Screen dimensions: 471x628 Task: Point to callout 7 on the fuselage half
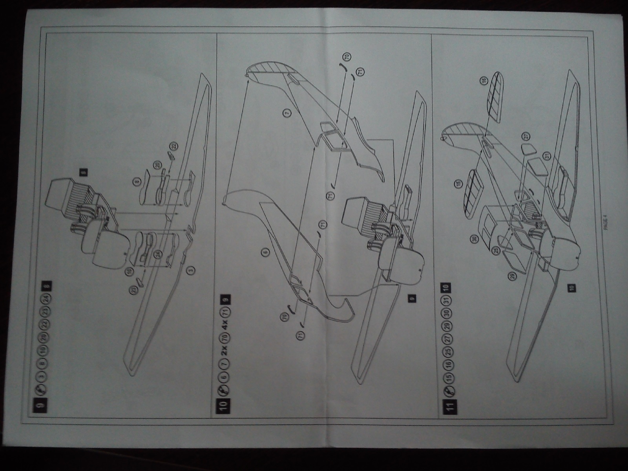click(287, 113)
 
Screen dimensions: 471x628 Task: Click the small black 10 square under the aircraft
click(572, 287)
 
